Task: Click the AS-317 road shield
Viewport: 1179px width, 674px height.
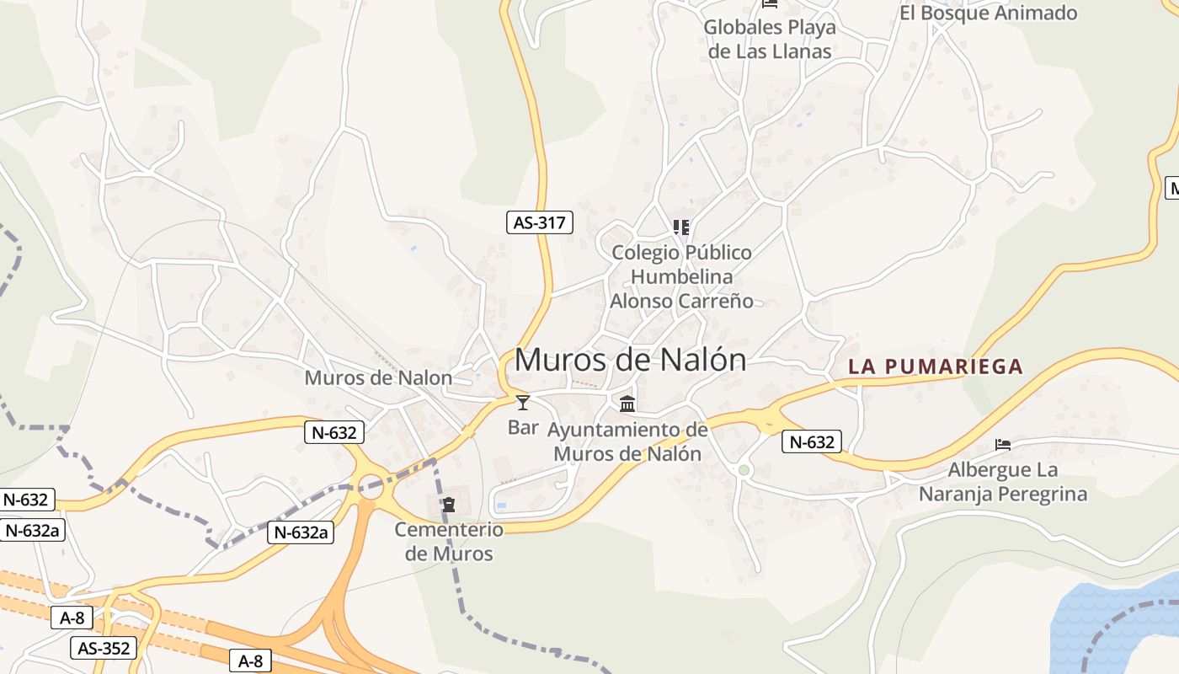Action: [x=540, y=222]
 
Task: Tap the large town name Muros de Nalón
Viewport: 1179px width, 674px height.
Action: [x=630, y=360]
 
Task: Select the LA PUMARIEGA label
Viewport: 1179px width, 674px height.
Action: [x=936, y=366]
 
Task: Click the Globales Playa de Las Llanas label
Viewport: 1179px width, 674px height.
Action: [x=770, y=39]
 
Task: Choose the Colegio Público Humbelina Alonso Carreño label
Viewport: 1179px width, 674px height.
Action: [x=681, y=276]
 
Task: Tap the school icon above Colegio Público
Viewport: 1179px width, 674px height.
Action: [x=680, y=227]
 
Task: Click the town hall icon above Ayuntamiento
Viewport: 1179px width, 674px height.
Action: [x=627, y=404]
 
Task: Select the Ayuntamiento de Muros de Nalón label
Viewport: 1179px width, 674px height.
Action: [x=627, y=441]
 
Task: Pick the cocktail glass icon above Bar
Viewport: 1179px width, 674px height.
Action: [x=523, y=403]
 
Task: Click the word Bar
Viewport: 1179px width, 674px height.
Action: [x=523, y=428]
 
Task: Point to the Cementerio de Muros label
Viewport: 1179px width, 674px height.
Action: [x=449, y=542]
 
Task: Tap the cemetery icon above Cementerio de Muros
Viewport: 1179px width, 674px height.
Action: [x=449, y=505]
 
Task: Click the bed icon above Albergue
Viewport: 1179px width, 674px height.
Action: [x=1002, y=444]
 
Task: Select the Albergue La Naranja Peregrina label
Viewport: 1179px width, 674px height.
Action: [x=1002, y=482]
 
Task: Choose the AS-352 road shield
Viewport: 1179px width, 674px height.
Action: [x=104, y=648]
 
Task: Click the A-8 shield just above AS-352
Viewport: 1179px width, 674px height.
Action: [x=71, y=618]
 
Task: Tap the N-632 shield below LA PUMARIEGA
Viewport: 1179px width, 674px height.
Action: [x=812, y=441]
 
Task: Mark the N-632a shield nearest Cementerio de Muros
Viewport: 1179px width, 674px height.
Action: [x=301, y=532]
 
